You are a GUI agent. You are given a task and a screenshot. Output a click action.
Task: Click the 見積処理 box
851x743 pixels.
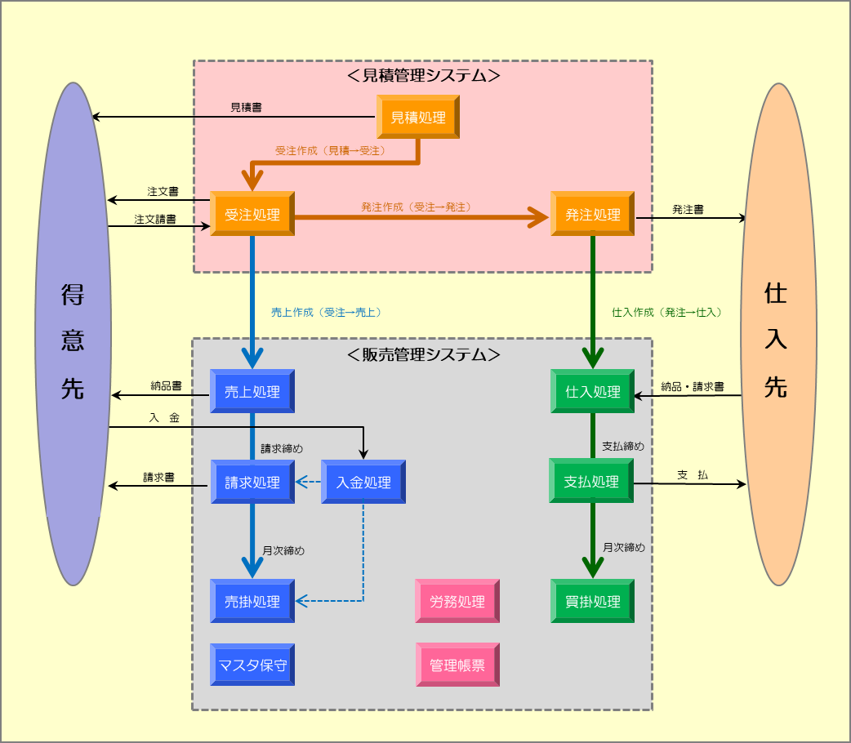(x=418, y=118)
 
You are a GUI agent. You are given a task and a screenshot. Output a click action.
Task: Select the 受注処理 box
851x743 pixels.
(x=252, y=215)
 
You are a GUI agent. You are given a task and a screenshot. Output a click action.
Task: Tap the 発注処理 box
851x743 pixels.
(x=593, y=215)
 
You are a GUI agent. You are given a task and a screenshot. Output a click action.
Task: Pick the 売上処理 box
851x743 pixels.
(x=252, y=392)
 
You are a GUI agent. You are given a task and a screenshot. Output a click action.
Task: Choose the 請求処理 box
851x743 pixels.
(x=252, y=483)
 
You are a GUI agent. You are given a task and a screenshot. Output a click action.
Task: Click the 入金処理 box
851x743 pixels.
(x=363, y=483)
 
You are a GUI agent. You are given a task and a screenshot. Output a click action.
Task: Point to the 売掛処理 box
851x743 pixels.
(x=252, y=602)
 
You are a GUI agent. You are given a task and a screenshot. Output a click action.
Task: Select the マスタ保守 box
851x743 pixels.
(x=252, y=665)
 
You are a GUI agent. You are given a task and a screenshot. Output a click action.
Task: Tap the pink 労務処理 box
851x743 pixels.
(x=457, y=602)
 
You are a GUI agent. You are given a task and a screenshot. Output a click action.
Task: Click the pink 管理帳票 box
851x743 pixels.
(x=457, y=665)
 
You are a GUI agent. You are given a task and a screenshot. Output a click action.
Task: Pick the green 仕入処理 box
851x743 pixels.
(x=593, y=392)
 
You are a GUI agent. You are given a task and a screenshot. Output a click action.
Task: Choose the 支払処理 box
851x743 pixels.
(x=593, y=482)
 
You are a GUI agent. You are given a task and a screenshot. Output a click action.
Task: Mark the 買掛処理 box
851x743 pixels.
(x=593, y=602)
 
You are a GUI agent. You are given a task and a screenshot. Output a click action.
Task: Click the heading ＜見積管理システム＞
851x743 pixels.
(x=423, y=76)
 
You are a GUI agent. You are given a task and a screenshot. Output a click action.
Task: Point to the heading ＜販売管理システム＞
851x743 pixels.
(x=423, y=355)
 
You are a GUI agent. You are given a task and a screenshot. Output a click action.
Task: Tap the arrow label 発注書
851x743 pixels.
(x=688, y=210)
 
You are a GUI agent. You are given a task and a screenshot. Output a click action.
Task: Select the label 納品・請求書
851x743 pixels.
(x=693, y=387)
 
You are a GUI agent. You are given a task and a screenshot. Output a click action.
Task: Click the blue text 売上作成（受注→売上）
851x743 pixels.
(x=327, y=312)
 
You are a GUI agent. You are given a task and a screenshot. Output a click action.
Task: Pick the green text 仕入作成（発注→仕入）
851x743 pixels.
(x=667, y=312)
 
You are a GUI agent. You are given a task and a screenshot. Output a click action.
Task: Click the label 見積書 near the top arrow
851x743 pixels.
(x=246, y=107)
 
